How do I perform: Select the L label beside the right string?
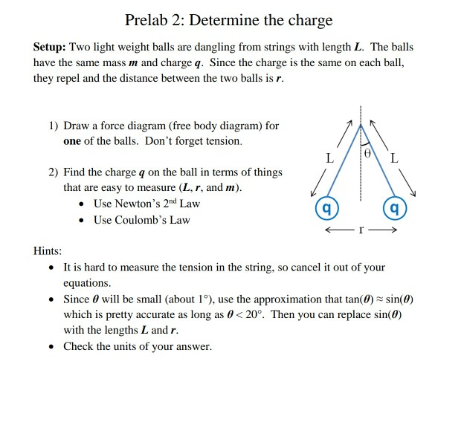point(394,158)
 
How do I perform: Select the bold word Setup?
point(50,47)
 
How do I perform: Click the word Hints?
point(48,251)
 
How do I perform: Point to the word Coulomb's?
point(165,220)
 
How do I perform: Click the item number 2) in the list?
point(54,172)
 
